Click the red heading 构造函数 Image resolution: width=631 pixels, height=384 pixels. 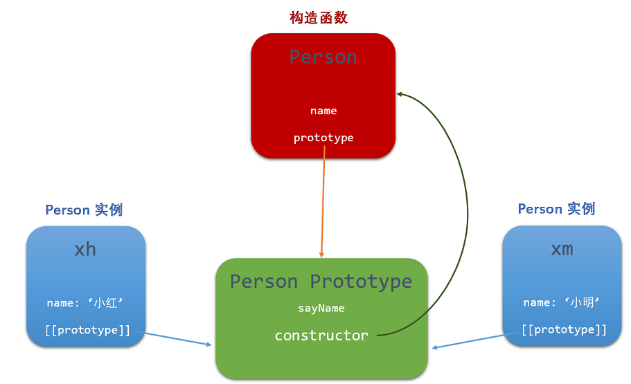click(318, 17)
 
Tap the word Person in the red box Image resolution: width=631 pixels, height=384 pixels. click(323, 57)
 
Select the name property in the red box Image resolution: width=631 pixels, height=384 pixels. click(323, 111)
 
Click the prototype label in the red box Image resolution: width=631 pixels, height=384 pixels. click(323, 138)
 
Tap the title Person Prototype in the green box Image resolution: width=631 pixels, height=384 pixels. click(321, 282)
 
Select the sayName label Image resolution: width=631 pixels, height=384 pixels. click(321, 309)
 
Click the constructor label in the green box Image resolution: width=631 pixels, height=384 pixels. click(321, 336)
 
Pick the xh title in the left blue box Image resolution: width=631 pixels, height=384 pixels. click(85, 249)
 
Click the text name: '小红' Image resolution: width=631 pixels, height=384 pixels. click(85, 302)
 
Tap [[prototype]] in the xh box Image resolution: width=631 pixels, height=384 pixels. click(87, 330)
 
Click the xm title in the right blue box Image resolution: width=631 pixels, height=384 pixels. click(562, 249)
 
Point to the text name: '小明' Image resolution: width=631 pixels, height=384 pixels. click(562, 302)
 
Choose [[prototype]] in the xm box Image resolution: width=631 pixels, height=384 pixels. click(564, 329)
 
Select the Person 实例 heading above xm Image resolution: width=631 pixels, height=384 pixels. click(556, 209)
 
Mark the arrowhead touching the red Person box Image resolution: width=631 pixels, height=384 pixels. click(400, 94)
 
